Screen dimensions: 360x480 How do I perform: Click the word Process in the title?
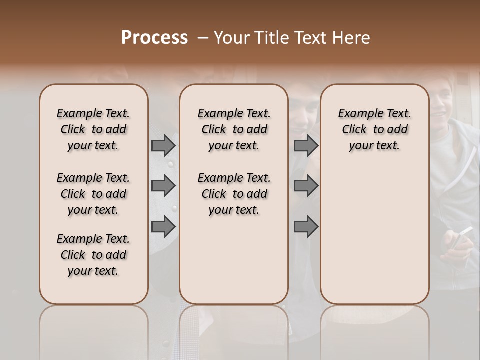(x=154, y=38)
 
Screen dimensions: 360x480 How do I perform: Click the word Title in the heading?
(x=272, y=38)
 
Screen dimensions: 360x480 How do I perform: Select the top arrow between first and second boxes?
(x=163, y=145)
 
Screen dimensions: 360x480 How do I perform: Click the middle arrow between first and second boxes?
(x=163, y=186)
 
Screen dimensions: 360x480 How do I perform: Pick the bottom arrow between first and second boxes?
(x=163, y=226)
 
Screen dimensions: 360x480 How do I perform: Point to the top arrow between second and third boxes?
(x=306, y=145)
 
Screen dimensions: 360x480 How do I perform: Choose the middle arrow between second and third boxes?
(x=306, y=186)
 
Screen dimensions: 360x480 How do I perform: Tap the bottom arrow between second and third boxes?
(x=306, y=226)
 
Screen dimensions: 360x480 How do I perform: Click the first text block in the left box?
(x=93, y=129)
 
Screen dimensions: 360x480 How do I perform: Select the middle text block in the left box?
(x=93, y=194)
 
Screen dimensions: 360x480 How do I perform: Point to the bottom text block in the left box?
(x=93, y=255)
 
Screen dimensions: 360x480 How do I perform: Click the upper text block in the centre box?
(x=234, y=129)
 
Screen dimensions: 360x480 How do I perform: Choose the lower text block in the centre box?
(x=234, y=194)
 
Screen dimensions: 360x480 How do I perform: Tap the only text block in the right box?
(x=374, y=129)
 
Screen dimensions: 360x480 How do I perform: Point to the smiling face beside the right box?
(x=445, y=102)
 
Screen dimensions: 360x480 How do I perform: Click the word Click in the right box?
(x=354, y=129)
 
